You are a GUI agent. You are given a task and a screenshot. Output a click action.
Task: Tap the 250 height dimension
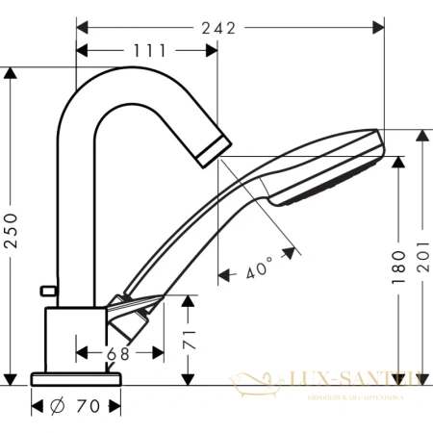pyautogui.click(x=12, y=228)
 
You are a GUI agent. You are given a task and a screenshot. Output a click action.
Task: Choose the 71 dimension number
pyautogui.click(x=191, y=340)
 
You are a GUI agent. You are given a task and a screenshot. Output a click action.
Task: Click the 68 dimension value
pyautogui.click(x=118, y=354)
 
